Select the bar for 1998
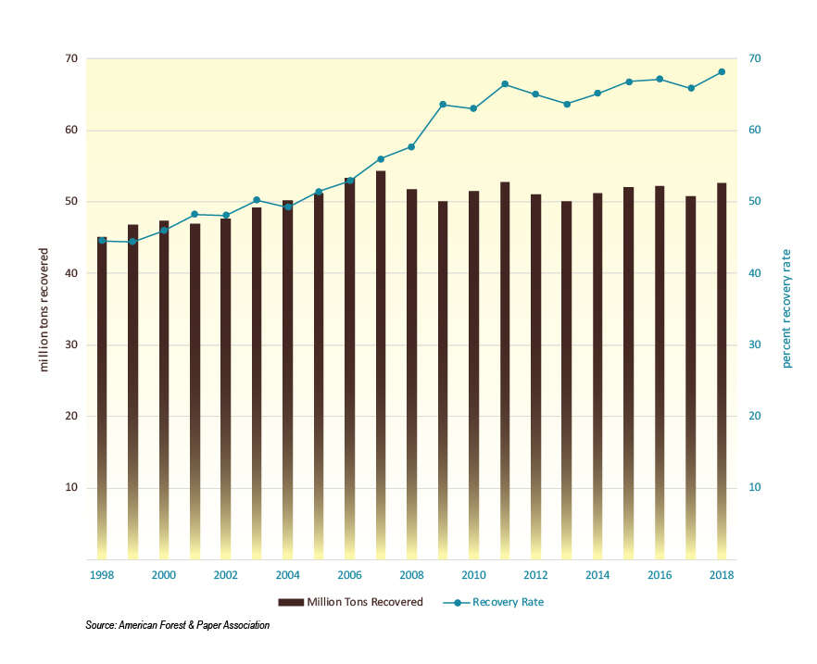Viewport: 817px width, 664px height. coord(102,398)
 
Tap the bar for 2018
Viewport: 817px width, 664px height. coord(722,370)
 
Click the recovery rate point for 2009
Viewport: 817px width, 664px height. coord(443,105)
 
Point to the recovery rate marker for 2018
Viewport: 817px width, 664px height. coord(722,71)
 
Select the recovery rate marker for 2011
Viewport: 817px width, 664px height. coord(505,84)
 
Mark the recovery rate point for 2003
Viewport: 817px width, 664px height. coord(257,200)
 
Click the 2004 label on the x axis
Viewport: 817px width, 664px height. coord(287,575)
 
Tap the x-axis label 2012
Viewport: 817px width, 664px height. coord(535,575)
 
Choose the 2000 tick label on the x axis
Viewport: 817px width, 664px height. coord(164,575)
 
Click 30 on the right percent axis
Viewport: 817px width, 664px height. coord(754,345)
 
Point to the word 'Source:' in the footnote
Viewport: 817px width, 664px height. coord(100,626)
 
